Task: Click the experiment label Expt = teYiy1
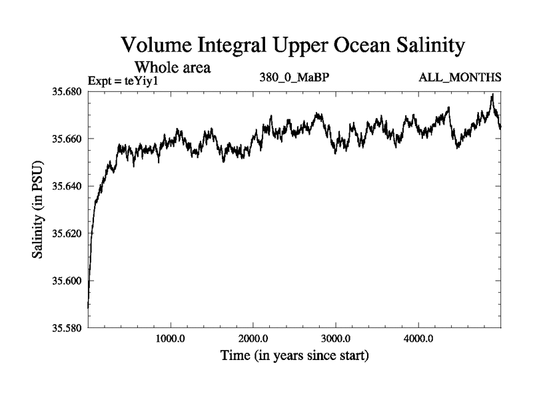click(125, 81)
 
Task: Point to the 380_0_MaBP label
click(294, 79)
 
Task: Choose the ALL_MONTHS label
click(460, 79)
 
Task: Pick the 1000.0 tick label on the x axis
click(171, 337)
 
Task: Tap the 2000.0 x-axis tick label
click(253, 337)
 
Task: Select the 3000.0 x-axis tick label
click(336, 337)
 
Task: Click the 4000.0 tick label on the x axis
click(418, 337)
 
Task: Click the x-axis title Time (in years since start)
click(294, 356)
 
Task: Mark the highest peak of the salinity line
click(492, 95)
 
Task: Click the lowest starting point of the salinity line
click(89, 307)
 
